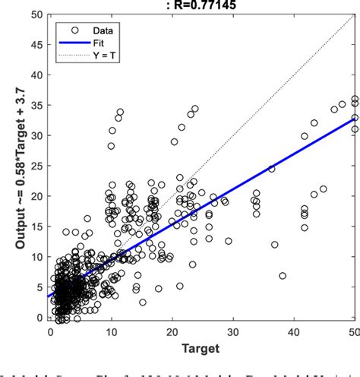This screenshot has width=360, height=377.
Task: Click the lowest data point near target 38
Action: pos(283,276)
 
